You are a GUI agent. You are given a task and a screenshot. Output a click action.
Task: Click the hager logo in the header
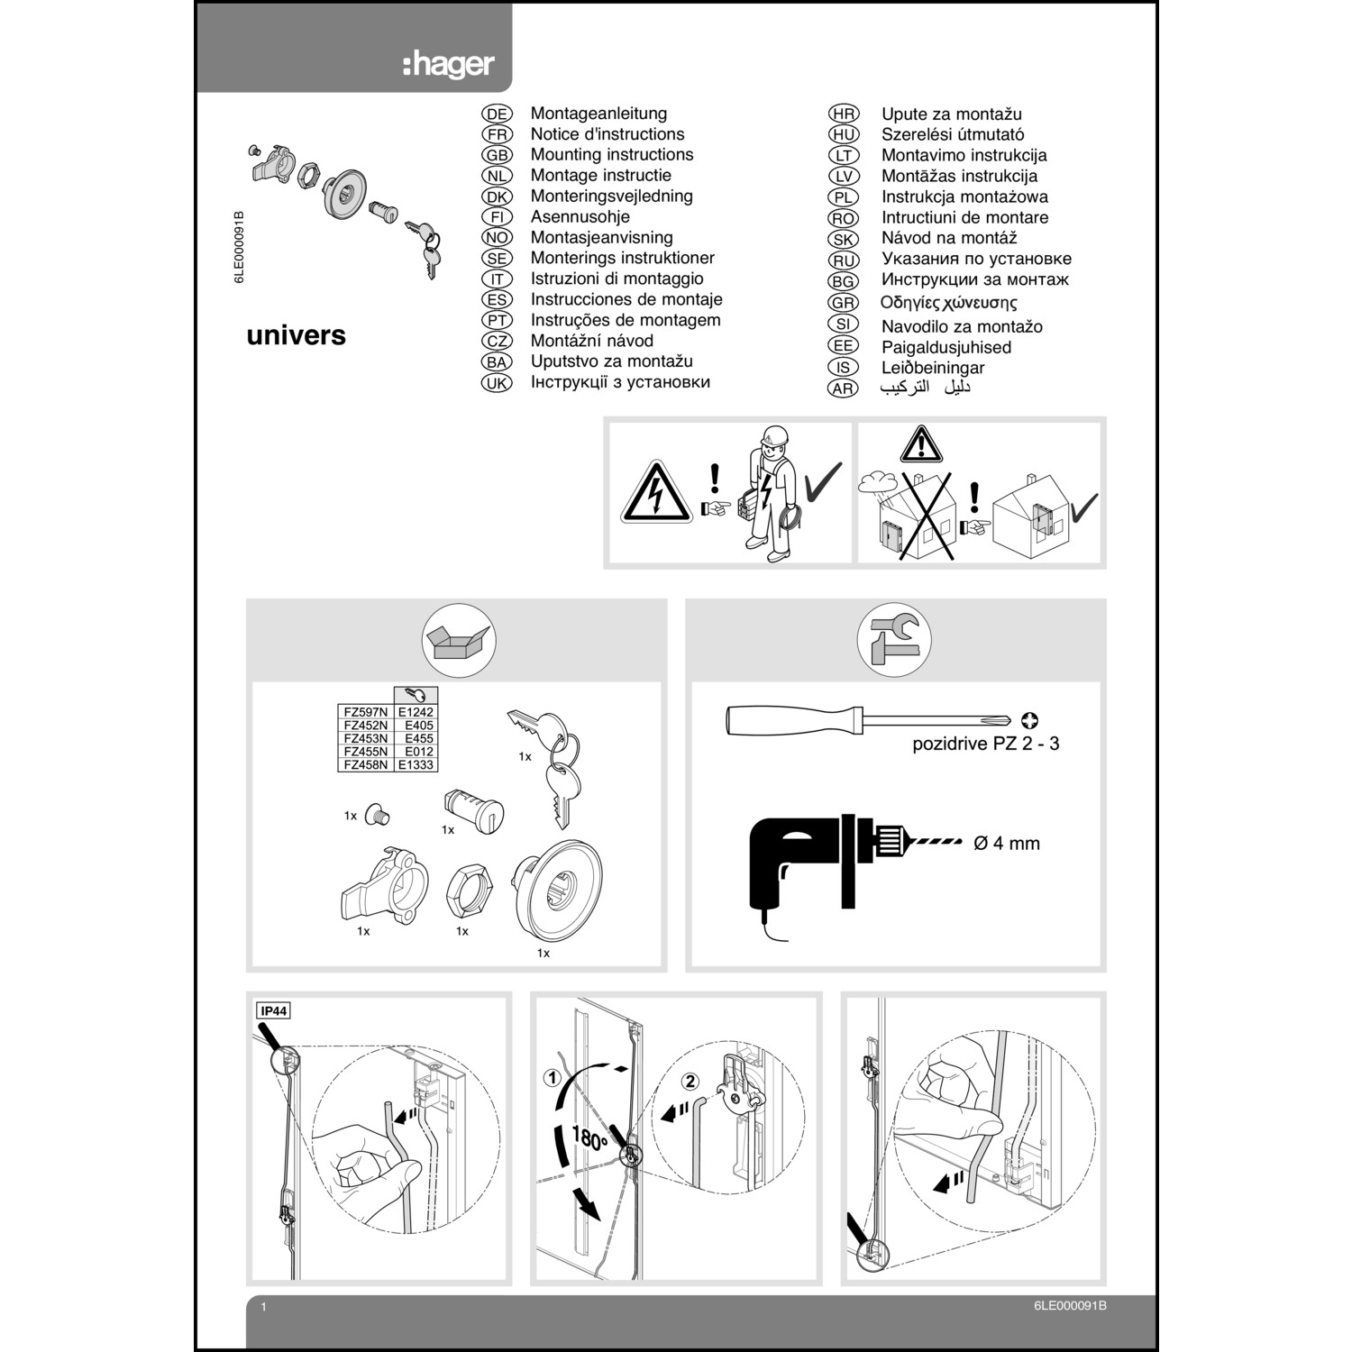[448, 65]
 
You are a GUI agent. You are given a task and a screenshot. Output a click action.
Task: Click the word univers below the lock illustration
[296, 335]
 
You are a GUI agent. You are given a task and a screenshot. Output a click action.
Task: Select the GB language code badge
[497, 155]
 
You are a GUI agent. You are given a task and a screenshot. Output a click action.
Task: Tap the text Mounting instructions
[611, 155]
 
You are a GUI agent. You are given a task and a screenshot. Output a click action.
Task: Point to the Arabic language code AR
[843, 388]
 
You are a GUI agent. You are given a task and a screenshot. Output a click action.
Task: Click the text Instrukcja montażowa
[964, 196]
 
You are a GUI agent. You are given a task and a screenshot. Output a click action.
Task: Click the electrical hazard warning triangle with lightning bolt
[655, 493]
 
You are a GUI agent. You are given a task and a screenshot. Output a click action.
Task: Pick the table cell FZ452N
[365, 725]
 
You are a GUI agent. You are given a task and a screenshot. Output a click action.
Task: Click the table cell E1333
[416, 764]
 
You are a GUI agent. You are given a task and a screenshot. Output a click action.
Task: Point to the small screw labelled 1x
[378, 817]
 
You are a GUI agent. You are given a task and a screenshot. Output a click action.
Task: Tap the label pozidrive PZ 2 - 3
[985, 745]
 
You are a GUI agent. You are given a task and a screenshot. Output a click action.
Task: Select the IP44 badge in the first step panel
[273, 1010]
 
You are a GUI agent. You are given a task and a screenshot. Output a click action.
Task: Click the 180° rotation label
[589, 1138]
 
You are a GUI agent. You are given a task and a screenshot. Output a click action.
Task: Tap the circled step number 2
[690, 1081]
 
